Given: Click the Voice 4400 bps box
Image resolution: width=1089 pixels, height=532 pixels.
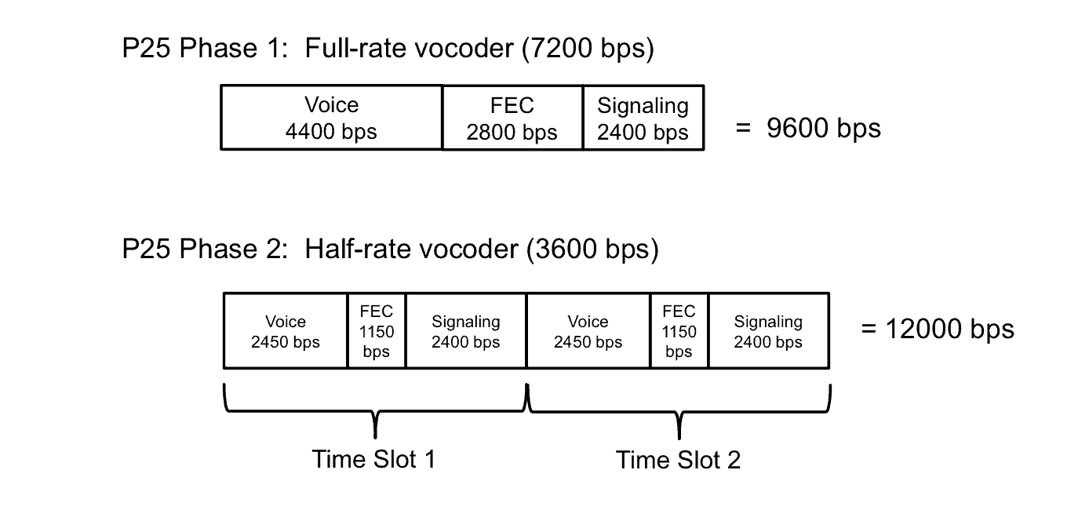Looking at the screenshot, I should tap(331, 118).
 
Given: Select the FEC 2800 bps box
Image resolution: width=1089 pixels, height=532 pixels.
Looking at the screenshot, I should tap(512, 118).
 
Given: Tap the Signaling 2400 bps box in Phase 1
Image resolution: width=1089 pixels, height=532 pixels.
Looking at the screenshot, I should tap(643, 118).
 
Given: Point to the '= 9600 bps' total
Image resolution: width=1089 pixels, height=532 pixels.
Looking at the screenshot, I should tap(808, 128).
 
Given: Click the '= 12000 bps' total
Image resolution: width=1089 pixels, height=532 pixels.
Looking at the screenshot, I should tap(937, 328).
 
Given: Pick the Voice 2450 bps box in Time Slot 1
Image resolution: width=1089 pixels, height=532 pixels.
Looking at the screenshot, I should tap(286, 331).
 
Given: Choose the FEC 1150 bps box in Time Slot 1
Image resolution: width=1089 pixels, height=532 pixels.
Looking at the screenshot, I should tap(377, 331).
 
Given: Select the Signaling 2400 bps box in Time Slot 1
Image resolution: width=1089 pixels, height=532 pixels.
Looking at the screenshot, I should tap(465, 331).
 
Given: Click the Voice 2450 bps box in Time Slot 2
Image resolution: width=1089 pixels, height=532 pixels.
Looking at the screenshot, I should tap(588, 331).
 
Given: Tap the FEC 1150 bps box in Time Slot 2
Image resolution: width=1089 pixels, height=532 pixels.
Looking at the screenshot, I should tap(679, 331).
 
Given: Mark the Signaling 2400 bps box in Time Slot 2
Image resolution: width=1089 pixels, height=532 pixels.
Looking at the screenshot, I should tap(768, 331).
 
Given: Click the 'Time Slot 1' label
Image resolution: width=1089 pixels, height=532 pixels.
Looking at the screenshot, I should tap(373, 459).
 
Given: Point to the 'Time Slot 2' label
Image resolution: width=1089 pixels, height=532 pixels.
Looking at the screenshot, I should tap(678, 460).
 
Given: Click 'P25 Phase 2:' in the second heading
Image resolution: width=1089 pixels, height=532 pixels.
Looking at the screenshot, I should tap(207, 250).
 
